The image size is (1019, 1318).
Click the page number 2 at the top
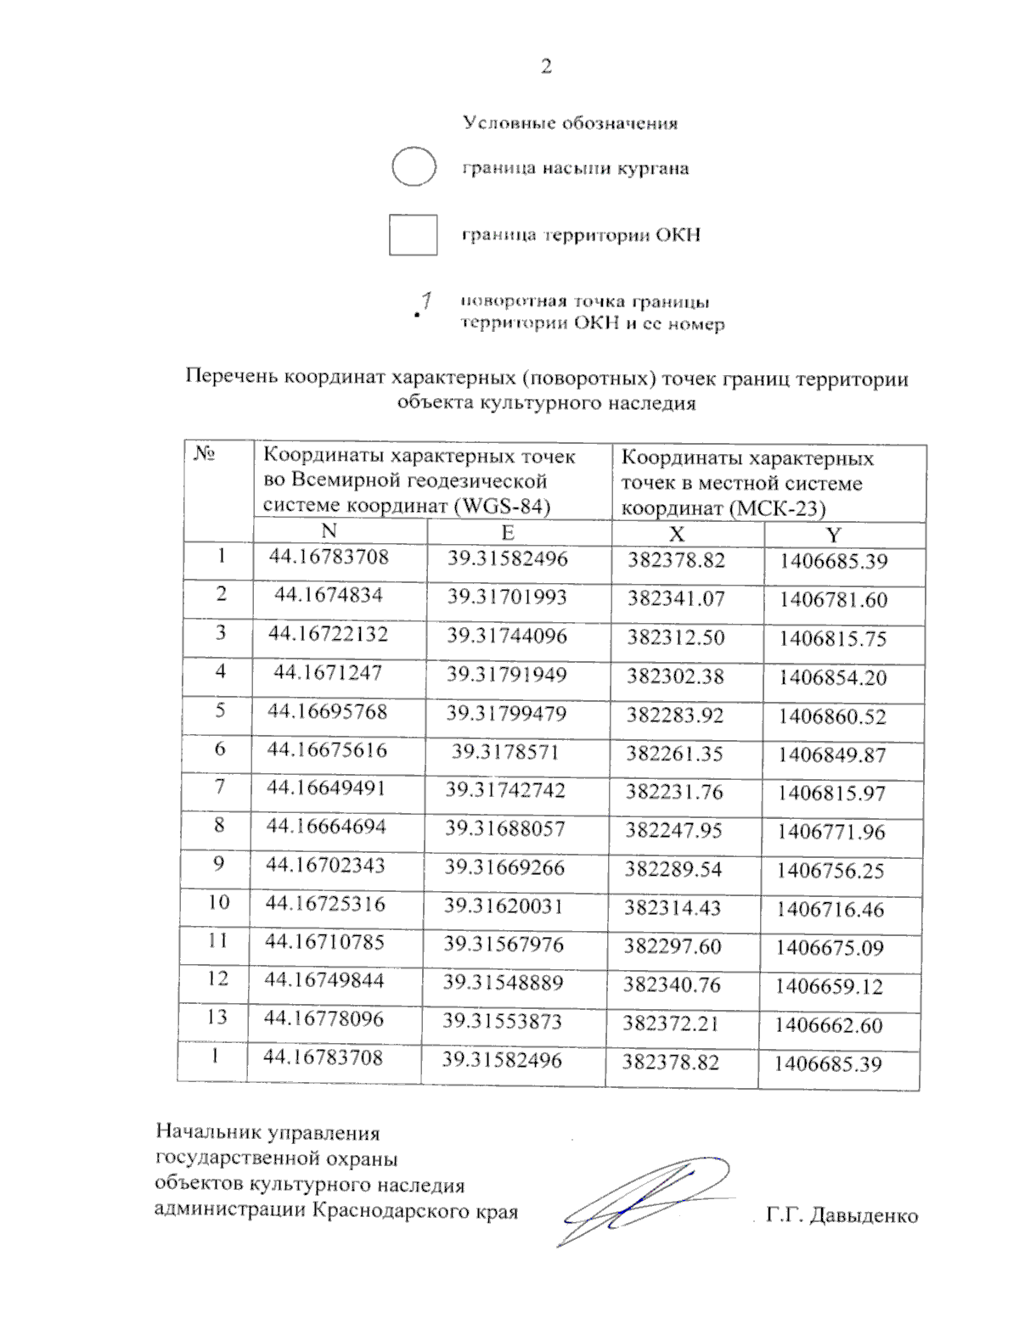click(x=546, y=67)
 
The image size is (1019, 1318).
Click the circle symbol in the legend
click(x=414, y=166)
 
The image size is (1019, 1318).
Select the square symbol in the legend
click(x=413, y=235)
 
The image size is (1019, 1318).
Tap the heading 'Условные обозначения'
click(x=570, y=124)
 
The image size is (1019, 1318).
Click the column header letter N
click(x=329, y=531)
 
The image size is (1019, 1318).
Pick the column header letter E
click(x=508, y=533)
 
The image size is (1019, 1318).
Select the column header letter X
click(x=677, y=534)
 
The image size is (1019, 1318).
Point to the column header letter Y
click(x=834, y=535)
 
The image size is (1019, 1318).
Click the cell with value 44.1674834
click(x=328, y=595)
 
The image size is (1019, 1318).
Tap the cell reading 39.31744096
click(x=507, y=636)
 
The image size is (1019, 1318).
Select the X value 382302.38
click(x=676, y=676)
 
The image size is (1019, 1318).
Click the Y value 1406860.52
click(x=832, y=716)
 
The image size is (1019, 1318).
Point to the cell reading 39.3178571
click(x=505, y=751)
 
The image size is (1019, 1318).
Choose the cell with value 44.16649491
click(x=326, y=788)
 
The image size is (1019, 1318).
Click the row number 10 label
click(x=218, y=902)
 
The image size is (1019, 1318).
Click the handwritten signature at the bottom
click(x=645, y=1198)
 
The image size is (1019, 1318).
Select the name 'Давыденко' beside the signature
click(x=864, y=1216)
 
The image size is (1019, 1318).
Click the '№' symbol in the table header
click(x=204, y=455)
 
